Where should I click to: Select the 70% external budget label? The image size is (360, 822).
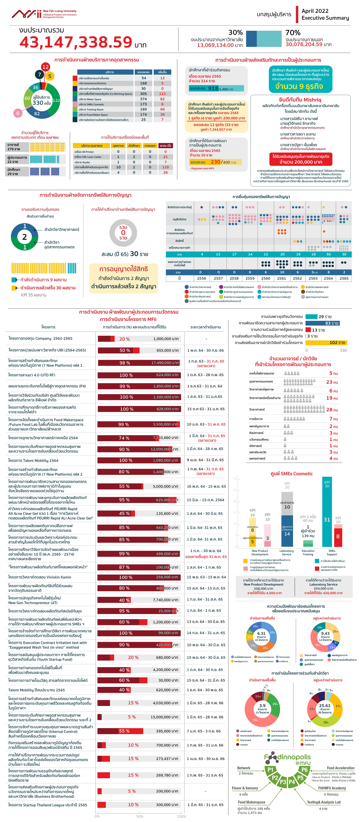point(293,33)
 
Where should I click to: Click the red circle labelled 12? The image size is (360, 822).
point(45,67)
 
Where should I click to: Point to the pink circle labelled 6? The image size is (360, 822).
point(18,113)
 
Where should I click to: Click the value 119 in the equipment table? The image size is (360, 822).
point(165,167)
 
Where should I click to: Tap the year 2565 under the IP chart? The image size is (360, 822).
point(344,278)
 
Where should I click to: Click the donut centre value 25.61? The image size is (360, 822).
point(325,706)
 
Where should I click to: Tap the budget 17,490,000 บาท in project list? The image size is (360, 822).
point(165,362)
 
